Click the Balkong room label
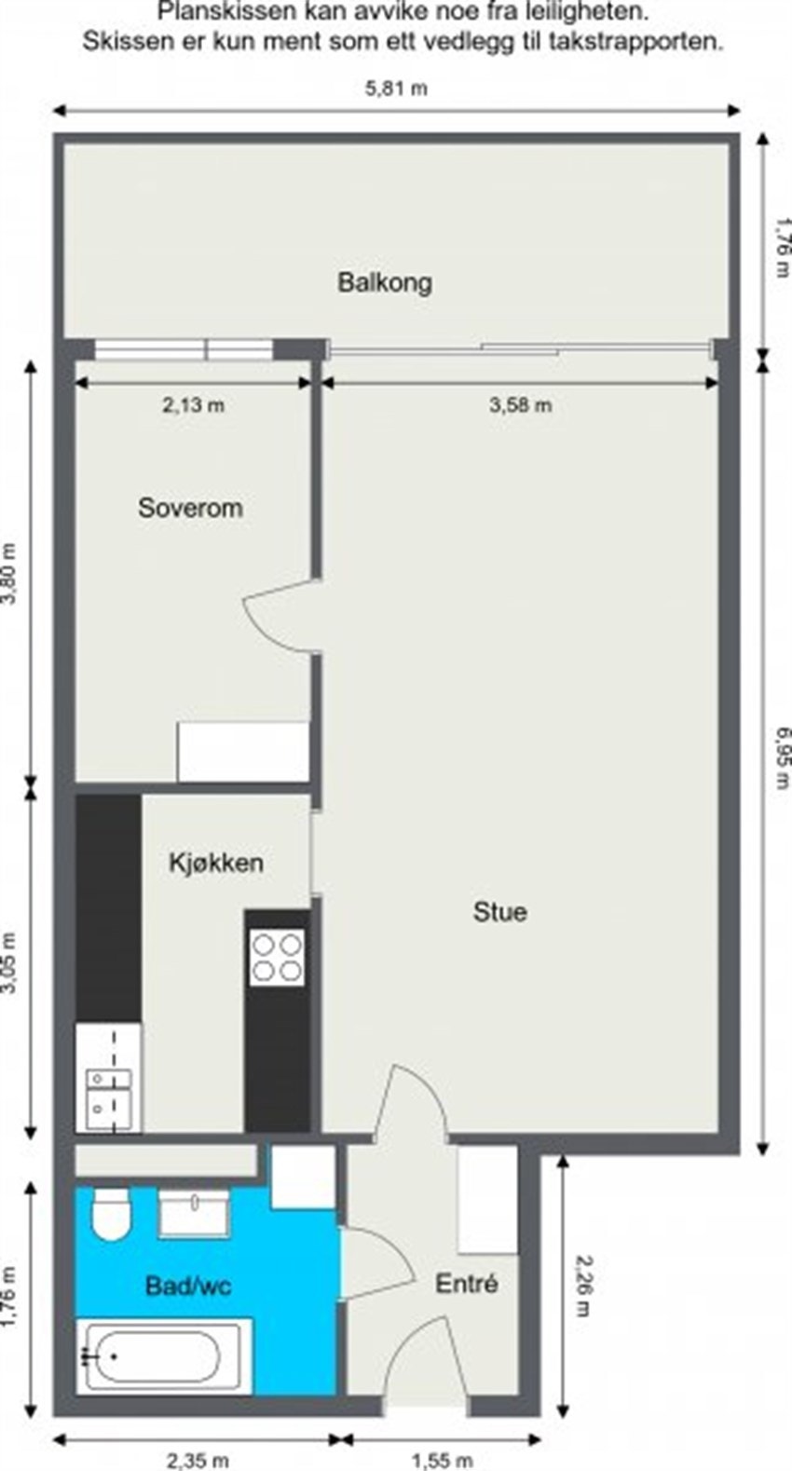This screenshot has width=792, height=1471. [384, 282]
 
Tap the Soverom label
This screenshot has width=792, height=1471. [190, 508]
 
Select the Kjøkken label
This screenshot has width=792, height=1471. [215, 863]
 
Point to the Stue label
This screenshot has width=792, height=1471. [499, 911]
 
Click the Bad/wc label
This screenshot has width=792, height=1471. [188, 1287]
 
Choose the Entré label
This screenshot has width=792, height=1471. [467, 1284]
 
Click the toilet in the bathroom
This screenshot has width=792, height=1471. [112, 1216]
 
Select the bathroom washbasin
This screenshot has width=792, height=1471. [194, 1210]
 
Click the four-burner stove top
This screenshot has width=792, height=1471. [278, 958]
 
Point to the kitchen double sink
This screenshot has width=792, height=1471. [108, 1093]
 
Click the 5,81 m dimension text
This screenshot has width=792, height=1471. [396, 89]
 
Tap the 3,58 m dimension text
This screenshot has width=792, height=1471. [520, 405]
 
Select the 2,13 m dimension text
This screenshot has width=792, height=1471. [194, 405]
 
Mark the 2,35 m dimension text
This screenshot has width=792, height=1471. [198, 1460]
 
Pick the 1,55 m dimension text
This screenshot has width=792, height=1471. [442, 1460]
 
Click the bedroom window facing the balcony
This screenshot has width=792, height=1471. [184, 349]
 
